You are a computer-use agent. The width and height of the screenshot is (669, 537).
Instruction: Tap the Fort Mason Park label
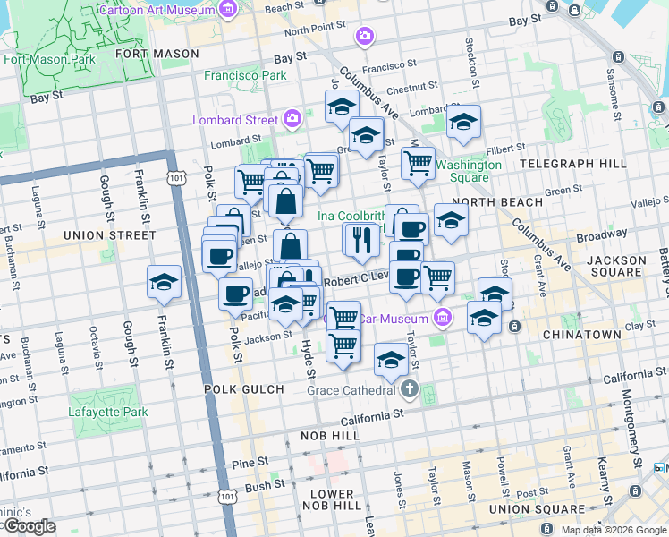click(49, 60)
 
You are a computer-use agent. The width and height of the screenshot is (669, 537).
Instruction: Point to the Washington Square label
click(469, 171)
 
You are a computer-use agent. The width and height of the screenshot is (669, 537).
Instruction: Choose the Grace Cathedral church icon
click(410, 389)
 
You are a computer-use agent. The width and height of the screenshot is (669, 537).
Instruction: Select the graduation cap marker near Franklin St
click(165, 283)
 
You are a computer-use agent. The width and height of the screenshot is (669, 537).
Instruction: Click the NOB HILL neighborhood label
click(331, 436)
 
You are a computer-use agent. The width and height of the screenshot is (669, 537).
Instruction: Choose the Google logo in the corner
click(30, 526)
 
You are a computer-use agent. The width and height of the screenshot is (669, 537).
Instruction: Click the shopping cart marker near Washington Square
click(418, 164)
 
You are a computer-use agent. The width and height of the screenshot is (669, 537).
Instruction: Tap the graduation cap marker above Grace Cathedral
click(391, 361)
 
